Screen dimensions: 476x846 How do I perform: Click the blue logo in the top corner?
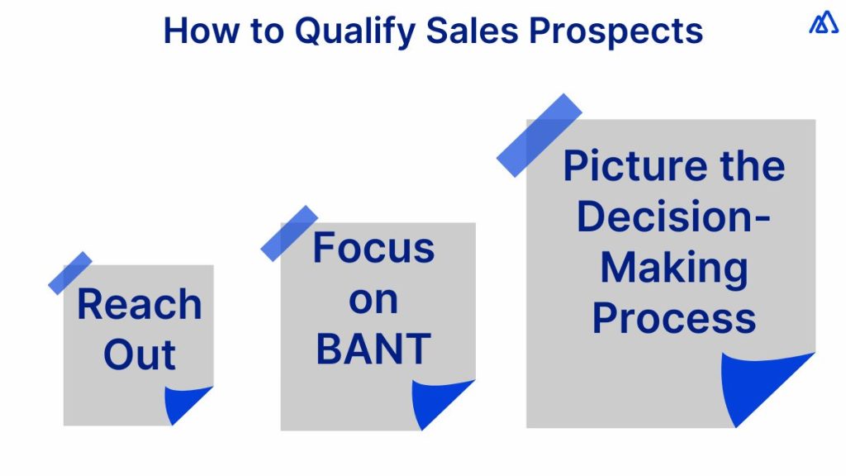point(823,22)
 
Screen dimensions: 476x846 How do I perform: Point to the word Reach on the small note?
point(139,304)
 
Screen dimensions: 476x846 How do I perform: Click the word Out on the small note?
point(139,355)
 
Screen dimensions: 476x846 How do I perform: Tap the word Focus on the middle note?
point(373,247)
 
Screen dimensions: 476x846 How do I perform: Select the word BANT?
point(373,349)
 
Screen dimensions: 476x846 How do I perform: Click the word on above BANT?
point(373,299)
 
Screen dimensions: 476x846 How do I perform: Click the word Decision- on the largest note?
point(673,217)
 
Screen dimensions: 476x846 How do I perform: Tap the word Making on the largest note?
point(673,268)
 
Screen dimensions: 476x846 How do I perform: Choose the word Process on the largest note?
point(673,318)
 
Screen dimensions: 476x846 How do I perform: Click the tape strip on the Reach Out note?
point(70,273)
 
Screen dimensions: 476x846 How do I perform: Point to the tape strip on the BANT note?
point(289,233)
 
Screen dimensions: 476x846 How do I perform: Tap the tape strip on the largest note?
point(539,135)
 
